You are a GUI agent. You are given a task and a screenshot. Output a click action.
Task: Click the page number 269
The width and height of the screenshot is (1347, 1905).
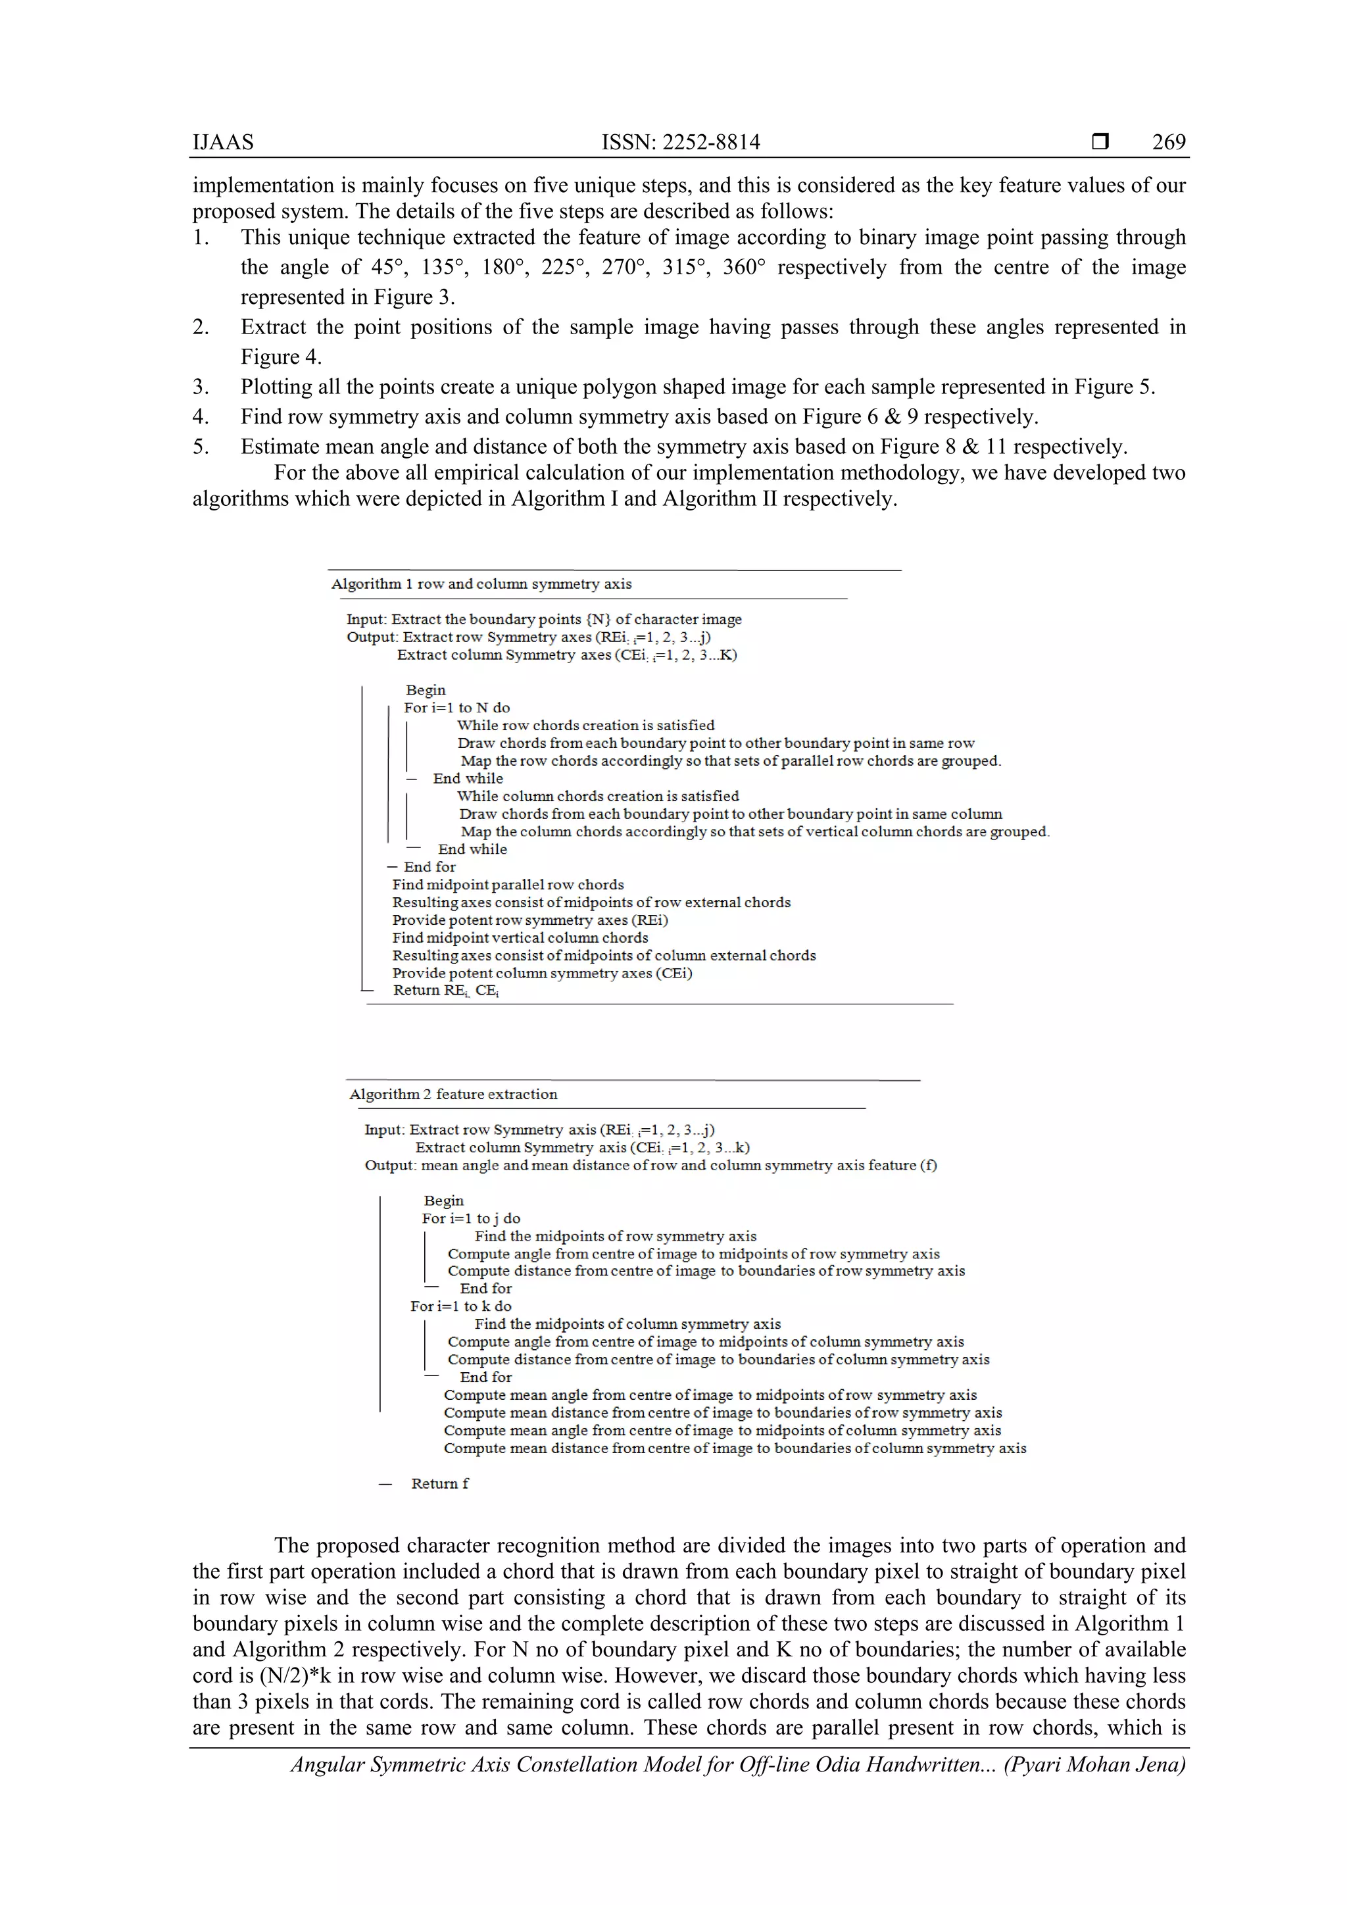pyautogui.click(x=1168, y=142)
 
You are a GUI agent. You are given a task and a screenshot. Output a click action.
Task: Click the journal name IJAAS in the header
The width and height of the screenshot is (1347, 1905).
pyautogui.click(x=223, y=142)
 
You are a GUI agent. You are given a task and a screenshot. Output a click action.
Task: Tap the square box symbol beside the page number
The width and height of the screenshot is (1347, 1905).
pyautogui.click(x=1100, y=142)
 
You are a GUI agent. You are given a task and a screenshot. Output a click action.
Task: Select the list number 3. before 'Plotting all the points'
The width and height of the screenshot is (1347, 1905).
pyautogui.click(x=201, y=387)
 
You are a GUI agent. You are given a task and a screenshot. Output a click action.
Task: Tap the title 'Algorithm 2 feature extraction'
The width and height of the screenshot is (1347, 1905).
pyautogui.click(x=453, y=1095)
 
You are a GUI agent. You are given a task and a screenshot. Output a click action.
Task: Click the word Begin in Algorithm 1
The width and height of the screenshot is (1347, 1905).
pyautogui.click(x=426, y=690)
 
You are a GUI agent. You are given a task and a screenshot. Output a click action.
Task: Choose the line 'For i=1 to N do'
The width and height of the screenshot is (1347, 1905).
pyautogui.click(x=457, y=708)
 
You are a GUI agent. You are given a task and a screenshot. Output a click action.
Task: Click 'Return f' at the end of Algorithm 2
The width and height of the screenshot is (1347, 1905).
pyautogui.click(x=439, y=1483)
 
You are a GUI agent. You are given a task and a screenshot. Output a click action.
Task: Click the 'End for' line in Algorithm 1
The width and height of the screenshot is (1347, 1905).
pyautogui.click(x=429, y=867)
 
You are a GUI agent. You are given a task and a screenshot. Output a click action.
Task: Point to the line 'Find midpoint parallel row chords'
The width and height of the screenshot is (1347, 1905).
pyautogui.click(x=508, y=885)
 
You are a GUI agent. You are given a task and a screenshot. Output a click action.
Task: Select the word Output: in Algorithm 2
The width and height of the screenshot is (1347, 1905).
pyautogui.click(x=390, y=1166)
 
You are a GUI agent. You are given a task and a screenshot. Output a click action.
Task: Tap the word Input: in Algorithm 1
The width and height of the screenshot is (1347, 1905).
pyautogui.click(x=366, y=620)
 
